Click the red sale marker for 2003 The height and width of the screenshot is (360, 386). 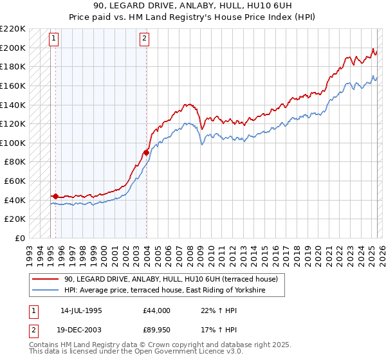coord(147,152)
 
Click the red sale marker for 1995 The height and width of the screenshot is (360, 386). coord(55,196)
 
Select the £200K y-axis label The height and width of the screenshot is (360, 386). coord(14,48)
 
